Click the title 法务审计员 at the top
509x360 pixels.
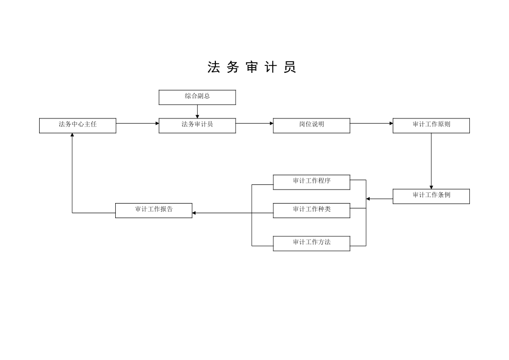[252, 67]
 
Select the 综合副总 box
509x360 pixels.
[197, 97]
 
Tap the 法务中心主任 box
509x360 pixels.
[78, 125]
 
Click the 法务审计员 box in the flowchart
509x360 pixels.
[197, 125]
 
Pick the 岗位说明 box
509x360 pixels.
[311, 125]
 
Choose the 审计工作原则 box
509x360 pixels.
[431, 125]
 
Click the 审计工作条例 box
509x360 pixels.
[431, 196]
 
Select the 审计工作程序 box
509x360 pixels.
[311, 182]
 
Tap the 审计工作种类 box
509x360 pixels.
[311, 210]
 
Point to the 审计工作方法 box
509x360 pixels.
[311, 243]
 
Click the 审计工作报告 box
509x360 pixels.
[154, 210]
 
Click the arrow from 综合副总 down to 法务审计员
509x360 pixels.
[197, 111]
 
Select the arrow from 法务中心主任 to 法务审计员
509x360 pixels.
[137, 124]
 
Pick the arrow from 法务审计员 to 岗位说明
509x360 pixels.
[254, 124]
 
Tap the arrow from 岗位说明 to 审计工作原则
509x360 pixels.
[371, 124]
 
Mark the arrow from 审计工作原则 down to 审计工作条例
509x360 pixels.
[431, 161]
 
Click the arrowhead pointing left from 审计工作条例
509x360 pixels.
[368, 199]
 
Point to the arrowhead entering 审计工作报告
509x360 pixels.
[194, 213]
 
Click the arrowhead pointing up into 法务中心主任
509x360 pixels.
[72, 136]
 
